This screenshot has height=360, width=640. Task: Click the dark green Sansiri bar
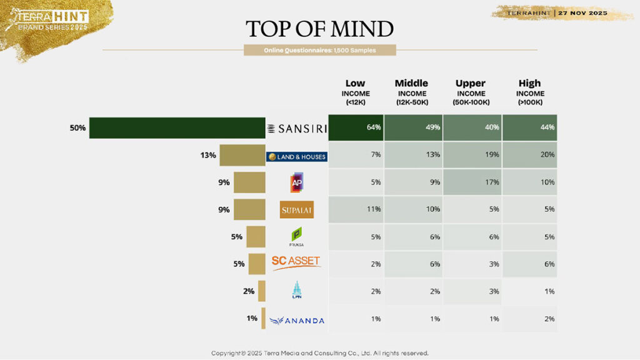(177, 127)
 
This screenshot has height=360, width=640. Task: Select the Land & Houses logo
(297, 156)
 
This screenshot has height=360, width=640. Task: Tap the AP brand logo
(297, 182)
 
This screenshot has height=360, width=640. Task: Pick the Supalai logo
(297, 209)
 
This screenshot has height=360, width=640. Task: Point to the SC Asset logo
(297, 263)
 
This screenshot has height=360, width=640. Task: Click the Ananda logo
(297, 320)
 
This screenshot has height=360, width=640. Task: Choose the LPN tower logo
(297, 291)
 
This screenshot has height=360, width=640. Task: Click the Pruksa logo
(297, 237)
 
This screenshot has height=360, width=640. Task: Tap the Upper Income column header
(472, 92)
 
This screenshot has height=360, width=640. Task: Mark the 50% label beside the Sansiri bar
(78, 127)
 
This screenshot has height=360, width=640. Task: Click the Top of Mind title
(319, 29)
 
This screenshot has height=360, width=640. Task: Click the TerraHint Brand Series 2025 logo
(47, 21)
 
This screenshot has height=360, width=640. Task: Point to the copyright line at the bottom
(319, 353)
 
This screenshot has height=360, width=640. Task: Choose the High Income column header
(529, 92)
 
